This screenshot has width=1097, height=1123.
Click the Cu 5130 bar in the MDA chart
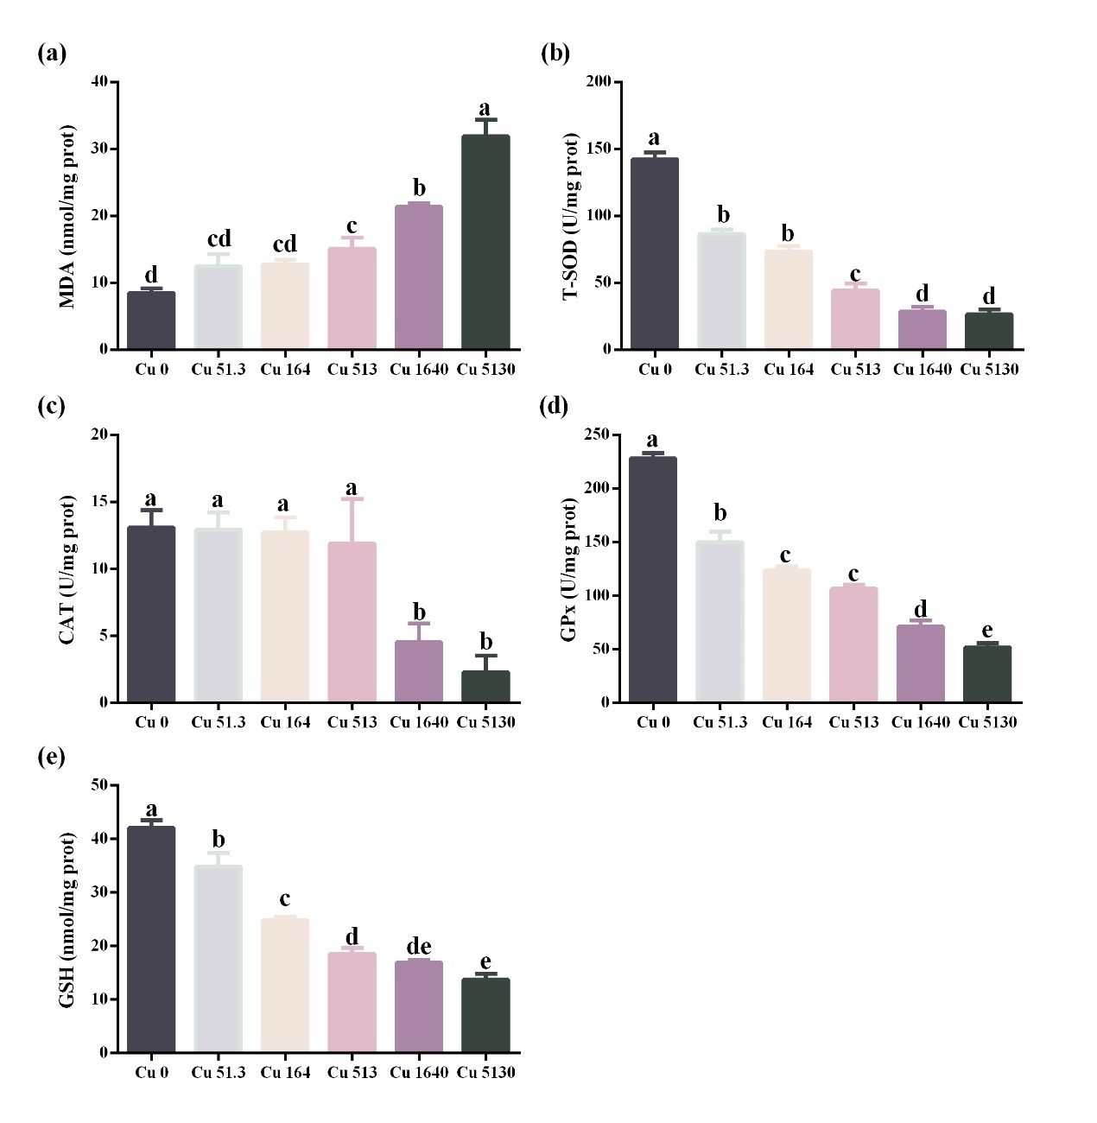pos(485,242)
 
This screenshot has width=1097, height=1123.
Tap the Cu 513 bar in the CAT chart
pos(352,622)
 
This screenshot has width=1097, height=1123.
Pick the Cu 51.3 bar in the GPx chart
pos(720,621)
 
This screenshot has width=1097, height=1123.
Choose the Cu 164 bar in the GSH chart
pos(285,985)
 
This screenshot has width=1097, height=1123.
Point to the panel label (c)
pos(52,406)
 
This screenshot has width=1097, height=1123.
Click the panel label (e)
pos(52,757)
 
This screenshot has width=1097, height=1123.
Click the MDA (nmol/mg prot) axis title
pos(67,216)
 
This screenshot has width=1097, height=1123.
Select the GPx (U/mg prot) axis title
pos(568,569)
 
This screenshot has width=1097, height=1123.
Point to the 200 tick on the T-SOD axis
pos(598,81)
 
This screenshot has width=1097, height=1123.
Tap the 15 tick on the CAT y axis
pos(99,501)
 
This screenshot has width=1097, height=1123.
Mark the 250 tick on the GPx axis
pos(596,435)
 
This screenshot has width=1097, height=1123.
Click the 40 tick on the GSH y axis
pos(99,838)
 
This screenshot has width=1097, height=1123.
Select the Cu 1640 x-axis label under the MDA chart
pos(419,370)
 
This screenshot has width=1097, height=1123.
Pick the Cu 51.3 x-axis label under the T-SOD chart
pos(721,370)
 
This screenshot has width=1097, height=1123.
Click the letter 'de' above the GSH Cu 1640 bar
pos(419,946)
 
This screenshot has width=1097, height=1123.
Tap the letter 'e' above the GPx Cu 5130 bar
pos(987,630)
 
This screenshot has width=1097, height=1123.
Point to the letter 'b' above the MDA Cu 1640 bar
pos(419,187)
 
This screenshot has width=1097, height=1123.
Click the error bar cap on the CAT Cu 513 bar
pos(352,498)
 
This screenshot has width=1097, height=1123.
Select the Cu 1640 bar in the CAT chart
pos(419,671)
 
